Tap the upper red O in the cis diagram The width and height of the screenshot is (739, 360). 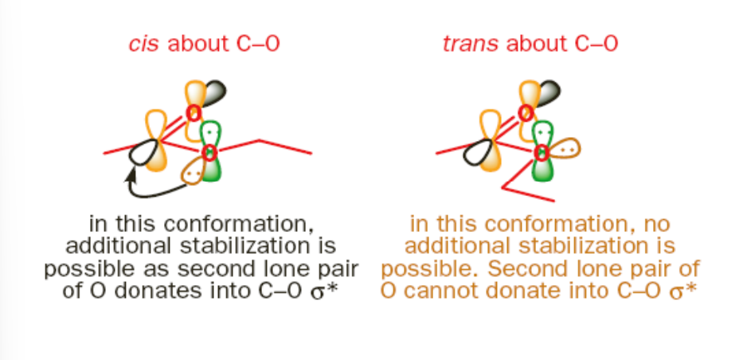tap(194, 112)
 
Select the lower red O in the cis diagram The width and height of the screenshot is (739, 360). tap(209, 152)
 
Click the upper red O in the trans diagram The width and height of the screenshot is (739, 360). tap(526, 112)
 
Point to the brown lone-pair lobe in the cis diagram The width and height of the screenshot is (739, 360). tap(193, 168)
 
